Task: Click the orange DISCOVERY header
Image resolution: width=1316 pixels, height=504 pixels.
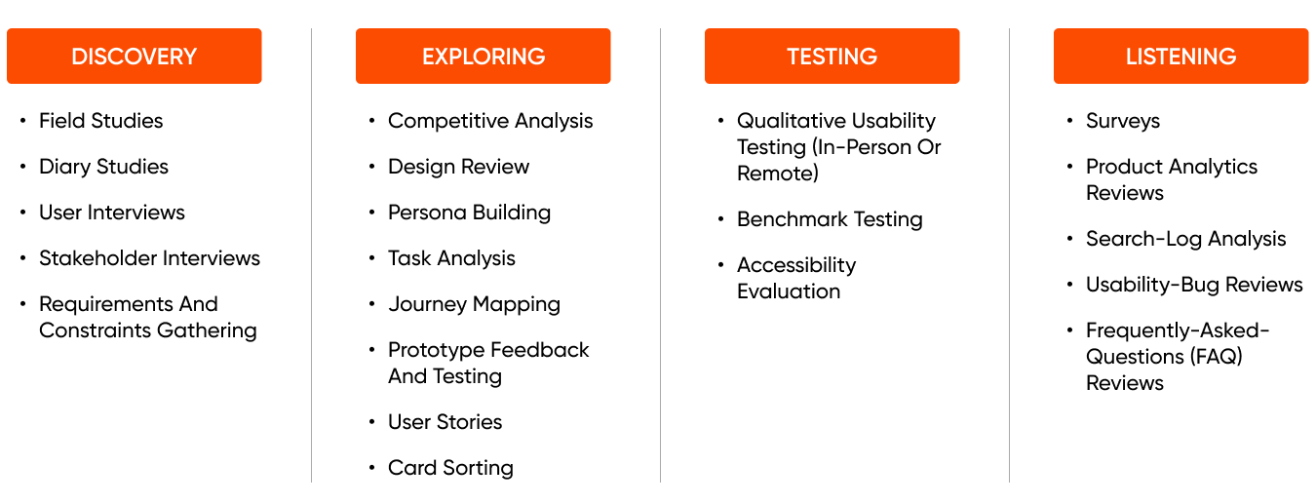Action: coord(134,57)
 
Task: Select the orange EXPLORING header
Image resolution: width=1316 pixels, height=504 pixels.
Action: coord(483,57)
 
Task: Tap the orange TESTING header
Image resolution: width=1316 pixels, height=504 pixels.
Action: coord(832,57)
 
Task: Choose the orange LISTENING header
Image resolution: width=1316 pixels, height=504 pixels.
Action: coord(1181,57)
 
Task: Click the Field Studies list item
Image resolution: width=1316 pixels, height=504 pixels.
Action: coord(100,121)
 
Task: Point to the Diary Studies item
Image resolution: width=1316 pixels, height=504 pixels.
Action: coord(103,167)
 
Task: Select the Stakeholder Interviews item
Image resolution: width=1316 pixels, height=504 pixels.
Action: coord(149,258)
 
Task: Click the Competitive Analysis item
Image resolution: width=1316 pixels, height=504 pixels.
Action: coord(490,121)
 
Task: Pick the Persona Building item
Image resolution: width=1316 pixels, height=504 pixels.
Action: coord(469,213)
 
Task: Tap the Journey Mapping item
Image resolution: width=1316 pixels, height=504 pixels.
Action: coord(474,304)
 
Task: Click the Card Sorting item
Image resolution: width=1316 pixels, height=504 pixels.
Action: coord(450,468)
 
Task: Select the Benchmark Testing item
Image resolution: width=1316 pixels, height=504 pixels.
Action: coord(830,219)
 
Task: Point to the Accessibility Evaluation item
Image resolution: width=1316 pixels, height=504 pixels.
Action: coord(795,278)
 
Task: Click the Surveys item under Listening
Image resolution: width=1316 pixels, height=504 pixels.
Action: coord(1123,121)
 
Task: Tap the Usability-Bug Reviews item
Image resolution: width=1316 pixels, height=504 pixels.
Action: coord(1194,285)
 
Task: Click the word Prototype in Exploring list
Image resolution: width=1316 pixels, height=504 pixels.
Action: coord(434,350)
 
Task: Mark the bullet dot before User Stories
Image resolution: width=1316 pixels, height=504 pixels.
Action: coord(372,422)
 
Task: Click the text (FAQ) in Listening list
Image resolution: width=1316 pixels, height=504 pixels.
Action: coord(1216,357)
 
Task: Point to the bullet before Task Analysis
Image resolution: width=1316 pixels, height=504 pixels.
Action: coord(372,258)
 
